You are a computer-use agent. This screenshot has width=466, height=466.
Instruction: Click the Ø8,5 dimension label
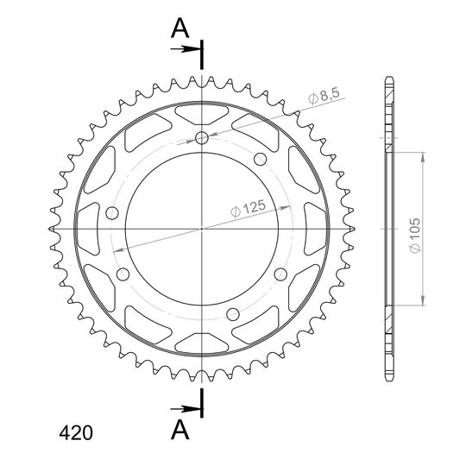coord(324,96)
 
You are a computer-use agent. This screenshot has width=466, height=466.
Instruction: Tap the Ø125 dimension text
coord(248,208)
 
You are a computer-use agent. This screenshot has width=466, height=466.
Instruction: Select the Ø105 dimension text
coord(415,236)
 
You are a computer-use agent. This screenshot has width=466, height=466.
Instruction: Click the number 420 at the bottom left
coord(76,432)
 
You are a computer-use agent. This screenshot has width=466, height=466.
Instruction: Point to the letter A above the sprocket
coord(179,28)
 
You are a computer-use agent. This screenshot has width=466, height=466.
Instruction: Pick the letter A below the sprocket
coord(179,431)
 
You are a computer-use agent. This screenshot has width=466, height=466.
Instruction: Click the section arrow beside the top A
coord(185,48)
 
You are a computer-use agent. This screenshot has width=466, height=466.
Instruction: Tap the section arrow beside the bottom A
coord(185,409)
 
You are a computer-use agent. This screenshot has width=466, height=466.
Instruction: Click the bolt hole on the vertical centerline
coord(202,137)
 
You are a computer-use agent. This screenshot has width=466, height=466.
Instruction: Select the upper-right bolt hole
coord(261,160)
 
